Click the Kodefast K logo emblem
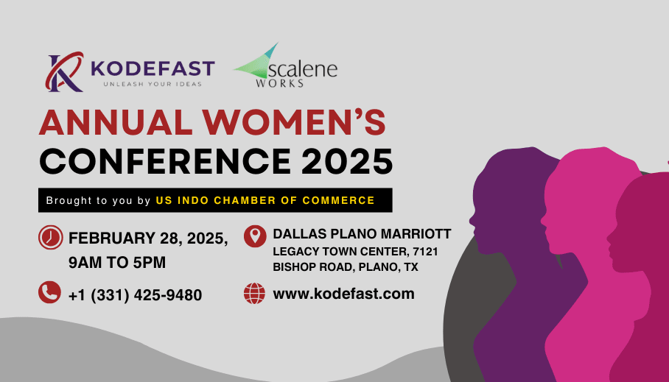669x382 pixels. [64, 71]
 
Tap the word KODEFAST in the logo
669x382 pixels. [153, 68]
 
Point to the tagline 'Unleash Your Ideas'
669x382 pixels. [153, 84]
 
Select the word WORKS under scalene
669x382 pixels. [280, 83]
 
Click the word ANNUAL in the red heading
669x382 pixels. [116, 122]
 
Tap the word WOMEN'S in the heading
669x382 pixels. [294, 122]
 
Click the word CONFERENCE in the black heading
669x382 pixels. [165, 161]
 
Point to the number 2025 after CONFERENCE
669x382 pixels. [347, 161]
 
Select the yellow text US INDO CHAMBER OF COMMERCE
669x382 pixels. [265, 200]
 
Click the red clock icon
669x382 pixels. [50, 238]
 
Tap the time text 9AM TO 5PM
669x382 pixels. [117, 263]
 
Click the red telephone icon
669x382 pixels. [50, 292]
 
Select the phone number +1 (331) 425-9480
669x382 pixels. [135, 295]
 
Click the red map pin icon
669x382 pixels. [255, 236]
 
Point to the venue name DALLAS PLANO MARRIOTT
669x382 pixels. [362, 233]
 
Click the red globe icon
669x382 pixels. [254, 294]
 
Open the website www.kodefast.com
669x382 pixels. [343, 294]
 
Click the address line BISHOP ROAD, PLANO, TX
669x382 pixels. [345, 267]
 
